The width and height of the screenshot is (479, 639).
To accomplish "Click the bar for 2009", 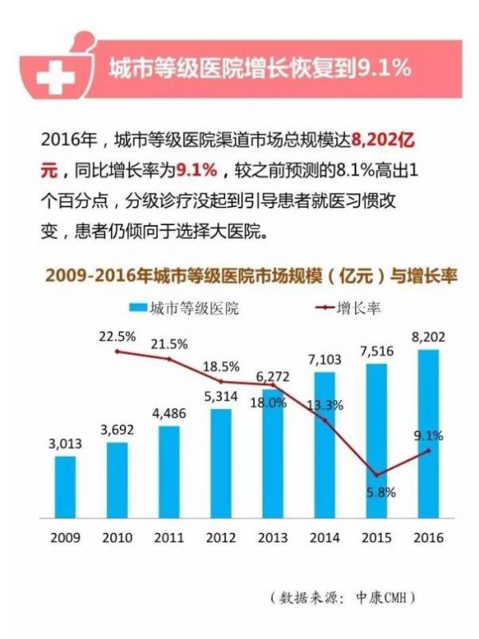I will [x=65, y=486].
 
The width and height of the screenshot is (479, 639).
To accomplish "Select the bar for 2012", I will [x=221, y=463].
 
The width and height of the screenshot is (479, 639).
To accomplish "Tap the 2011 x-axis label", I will [x=168, y=537].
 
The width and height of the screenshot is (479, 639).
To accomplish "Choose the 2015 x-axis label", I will [x=377, y=537].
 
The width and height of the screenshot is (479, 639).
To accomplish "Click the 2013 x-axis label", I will [x=273, y=537].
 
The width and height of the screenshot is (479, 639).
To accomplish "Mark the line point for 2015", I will [x=377, y=475].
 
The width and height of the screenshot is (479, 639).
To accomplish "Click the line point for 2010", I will [x=117, y=351].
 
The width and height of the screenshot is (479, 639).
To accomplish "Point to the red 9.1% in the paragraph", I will [x=196, y=170].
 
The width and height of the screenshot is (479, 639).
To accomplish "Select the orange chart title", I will [x=239, y=276].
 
